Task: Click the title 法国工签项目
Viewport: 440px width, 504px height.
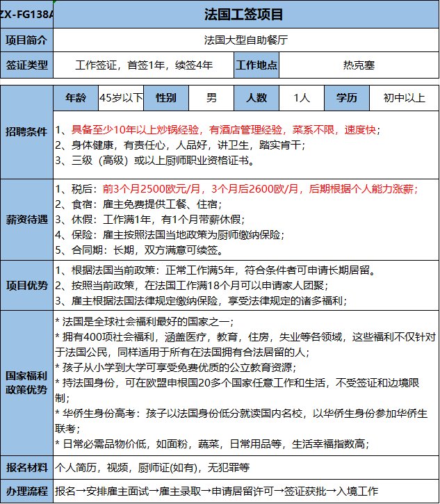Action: point(244,14)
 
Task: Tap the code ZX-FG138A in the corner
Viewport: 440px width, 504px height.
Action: point(26,14)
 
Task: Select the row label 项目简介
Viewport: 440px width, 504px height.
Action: point(27,40)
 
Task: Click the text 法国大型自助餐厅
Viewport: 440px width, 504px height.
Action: point(244,40)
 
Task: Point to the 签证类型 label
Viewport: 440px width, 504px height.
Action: point(27,65)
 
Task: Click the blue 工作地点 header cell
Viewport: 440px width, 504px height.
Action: point(257,65)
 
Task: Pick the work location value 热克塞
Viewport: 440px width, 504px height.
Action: point(359,65)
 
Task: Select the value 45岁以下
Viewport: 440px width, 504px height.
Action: point(121,98)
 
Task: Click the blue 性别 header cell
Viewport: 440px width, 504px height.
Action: point(166,98)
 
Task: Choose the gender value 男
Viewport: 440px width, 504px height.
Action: point(211,98)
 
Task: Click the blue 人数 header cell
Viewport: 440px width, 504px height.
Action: point(256,98)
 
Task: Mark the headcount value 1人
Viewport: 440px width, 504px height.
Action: point(302,98)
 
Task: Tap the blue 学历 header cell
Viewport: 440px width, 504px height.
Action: point(347,98)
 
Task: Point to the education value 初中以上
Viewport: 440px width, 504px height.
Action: point(404,98)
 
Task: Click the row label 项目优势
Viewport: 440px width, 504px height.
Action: point(27,286)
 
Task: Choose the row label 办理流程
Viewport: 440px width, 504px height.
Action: point(27,491)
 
